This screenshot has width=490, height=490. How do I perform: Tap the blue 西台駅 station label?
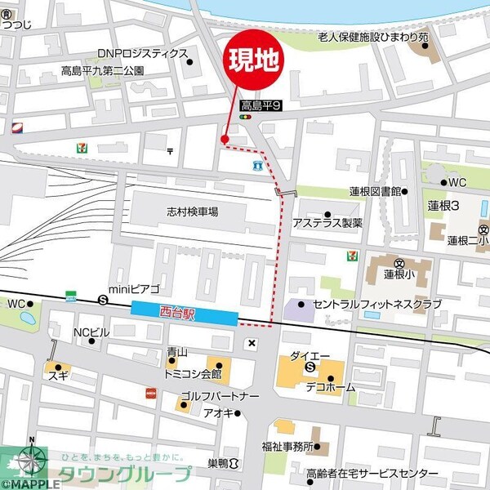click(x=185, y=312)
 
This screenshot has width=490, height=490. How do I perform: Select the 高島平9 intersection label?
click(x=261, y=105)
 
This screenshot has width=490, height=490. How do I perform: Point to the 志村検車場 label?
click(x=193, y=212)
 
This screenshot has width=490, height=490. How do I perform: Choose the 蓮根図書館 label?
click(x=375, y=191)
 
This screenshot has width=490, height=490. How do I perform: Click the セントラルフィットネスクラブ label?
click(x=376, y=305)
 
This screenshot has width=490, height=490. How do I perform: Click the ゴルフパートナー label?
click(x=220, y=396)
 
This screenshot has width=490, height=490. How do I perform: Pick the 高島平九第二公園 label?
click(x=103, y=71)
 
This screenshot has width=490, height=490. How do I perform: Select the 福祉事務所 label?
click(x=287, y=447)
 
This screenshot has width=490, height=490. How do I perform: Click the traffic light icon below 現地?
click(x=245, y=118)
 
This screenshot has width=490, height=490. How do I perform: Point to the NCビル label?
click(x=91, y=332)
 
